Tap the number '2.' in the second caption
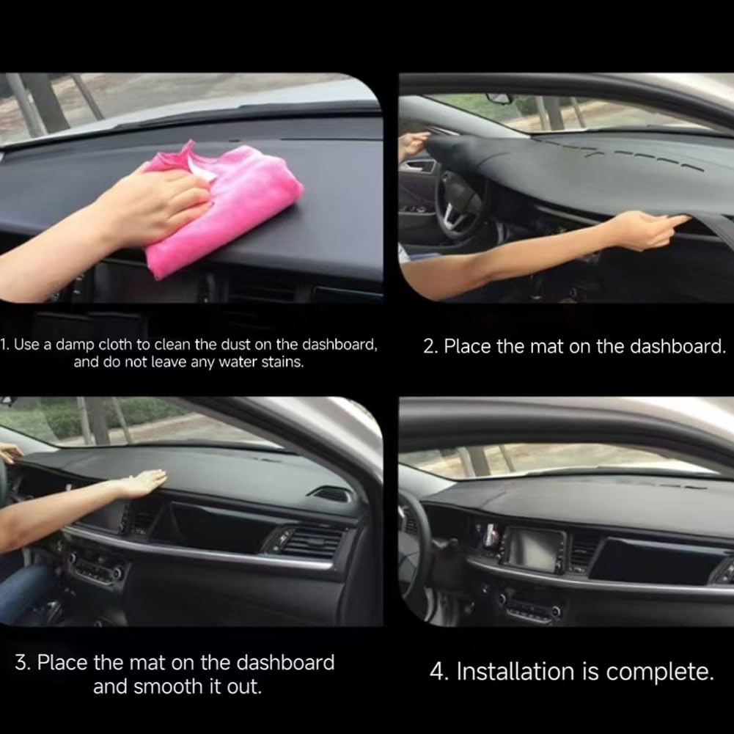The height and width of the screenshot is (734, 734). coord(431,347)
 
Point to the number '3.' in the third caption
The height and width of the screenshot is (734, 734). coord(23,663)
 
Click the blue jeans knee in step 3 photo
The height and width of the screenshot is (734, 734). coord(18,587)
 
